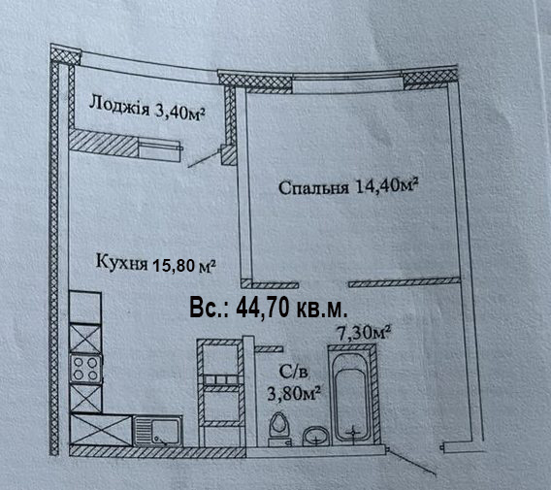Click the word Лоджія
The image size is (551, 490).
(x=119, y=105)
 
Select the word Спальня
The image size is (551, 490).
(x=313, y=188)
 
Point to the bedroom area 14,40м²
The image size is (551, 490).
(x=386, y=185)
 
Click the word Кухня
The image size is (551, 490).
(x=121, y=262)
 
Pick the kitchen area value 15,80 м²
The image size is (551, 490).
(x=183, y=266)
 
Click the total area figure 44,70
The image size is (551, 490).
(x=264, y=309)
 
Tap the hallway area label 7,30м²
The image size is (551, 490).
(x=364, y=333)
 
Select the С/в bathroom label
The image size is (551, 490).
(x=293, y=372)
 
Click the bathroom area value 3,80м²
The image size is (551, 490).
(x=293, y=393)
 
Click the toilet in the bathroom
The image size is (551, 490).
(x=279, y=429)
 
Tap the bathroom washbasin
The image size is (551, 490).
(x=316, y=437)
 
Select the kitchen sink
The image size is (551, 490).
(x=158, y=431)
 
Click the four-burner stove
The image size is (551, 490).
(x=85, y=369)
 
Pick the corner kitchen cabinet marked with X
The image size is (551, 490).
(x=101, y=430)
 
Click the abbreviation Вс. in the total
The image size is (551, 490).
(x=209, y=309)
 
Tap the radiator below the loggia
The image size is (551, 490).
(x=161, y=149)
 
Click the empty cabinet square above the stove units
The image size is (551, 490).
(x=85, y=308)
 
